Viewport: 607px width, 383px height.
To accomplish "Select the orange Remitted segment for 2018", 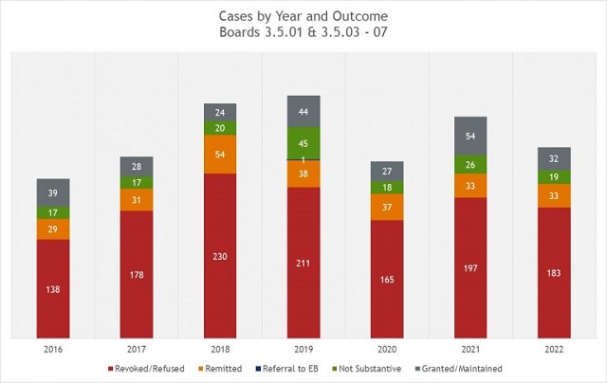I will tap(220, 154).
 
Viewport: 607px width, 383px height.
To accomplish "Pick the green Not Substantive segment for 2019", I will tap(303, 143).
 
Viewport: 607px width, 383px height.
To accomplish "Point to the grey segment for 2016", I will tap(53, 193).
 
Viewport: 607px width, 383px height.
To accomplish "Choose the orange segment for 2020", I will tap(387, 207).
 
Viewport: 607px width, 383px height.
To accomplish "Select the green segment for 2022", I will tap(554, 176).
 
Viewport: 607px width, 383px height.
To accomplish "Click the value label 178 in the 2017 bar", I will tap(137, 276).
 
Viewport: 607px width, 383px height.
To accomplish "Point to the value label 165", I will tap(387, 282).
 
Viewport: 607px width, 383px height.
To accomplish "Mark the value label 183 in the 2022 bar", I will tap(554, 274).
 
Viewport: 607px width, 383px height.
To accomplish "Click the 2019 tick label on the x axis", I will tap(303, 349).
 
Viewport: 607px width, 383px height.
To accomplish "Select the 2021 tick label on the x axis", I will tap(470, 349).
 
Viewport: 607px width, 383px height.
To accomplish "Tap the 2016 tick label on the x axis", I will tap(53, 349).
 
